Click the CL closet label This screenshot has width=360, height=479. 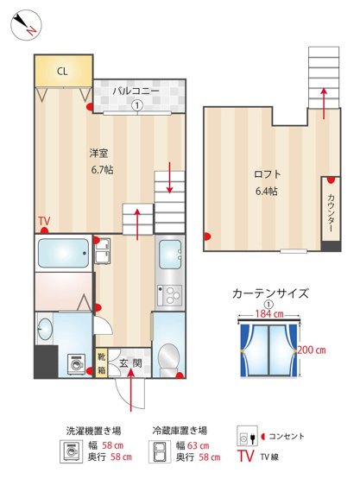(62, 72)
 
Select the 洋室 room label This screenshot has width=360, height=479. (98, 154)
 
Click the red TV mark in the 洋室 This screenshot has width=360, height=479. (44, 223)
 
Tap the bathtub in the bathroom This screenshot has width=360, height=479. (62, 254)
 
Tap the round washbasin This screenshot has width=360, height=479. (44, 327)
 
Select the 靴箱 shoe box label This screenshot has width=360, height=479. (101, 362)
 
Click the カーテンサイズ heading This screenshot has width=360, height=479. (271, 293)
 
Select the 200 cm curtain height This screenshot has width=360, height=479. (311, 350)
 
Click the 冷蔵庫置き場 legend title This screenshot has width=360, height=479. (180, 429)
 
